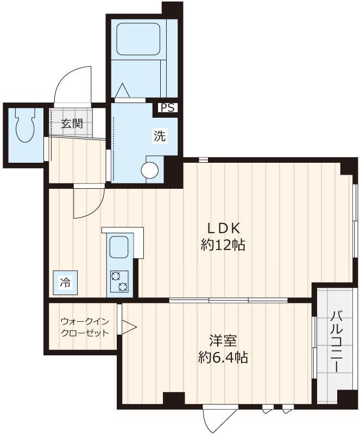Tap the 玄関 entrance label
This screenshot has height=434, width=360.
coord(71,123)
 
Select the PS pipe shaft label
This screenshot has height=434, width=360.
coord(167,108)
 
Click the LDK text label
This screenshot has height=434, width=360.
coord(222,228)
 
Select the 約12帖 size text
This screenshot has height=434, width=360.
coord(223,245)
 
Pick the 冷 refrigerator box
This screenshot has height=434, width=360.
coord(65,282)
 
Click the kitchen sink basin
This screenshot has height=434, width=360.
coord(119,248)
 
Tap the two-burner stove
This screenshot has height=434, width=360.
coord(119,282)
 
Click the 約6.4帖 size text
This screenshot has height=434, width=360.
coord(223,358)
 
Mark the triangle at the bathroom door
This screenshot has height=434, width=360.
coord(121,90)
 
